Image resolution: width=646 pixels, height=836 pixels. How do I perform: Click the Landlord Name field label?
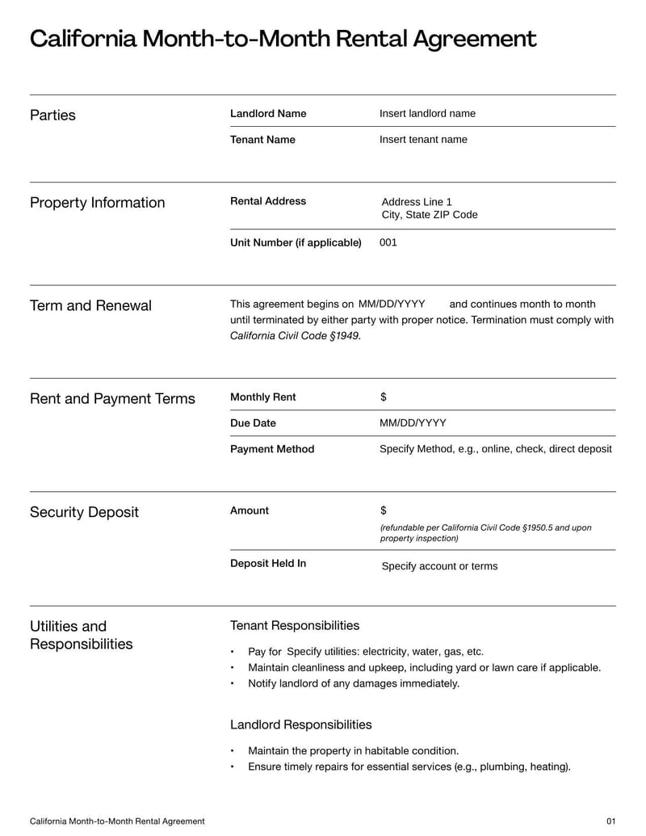(268, 114)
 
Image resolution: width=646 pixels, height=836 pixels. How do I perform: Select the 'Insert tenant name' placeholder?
(423, 140)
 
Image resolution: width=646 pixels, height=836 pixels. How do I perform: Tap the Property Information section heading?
(97, 203)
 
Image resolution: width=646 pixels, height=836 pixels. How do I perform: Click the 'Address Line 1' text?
(417, 202)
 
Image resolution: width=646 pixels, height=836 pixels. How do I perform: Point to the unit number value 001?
(388, 242)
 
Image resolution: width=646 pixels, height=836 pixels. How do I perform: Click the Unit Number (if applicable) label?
(296, 242)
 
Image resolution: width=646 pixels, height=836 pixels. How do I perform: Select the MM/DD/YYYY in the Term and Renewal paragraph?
(392, 305)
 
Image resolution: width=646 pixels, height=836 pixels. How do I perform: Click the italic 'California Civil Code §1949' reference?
(295, 336)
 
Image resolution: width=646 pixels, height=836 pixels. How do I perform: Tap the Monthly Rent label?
(263, 397)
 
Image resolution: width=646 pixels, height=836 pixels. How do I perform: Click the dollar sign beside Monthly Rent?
(384, 397)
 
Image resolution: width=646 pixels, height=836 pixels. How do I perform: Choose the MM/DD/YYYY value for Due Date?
(413, 423)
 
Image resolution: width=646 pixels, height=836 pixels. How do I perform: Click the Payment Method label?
(272, 449)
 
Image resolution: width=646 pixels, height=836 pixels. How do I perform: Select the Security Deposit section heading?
(84, 513)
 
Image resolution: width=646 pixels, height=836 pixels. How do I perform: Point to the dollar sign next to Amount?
(384, 510)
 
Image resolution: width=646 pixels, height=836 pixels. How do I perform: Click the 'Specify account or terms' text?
(439, 566)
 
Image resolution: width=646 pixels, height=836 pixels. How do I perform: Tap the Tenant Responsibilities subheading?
(295, 626)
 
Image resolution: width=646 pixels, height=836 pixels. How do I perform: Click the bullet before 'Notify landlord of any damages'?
(233, 684)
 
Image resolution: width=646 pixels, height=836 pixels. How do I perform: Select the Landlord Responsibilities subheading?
(301, 725)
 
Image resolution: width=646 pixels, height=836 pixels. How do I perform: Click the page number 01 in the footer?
(610, 821)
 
